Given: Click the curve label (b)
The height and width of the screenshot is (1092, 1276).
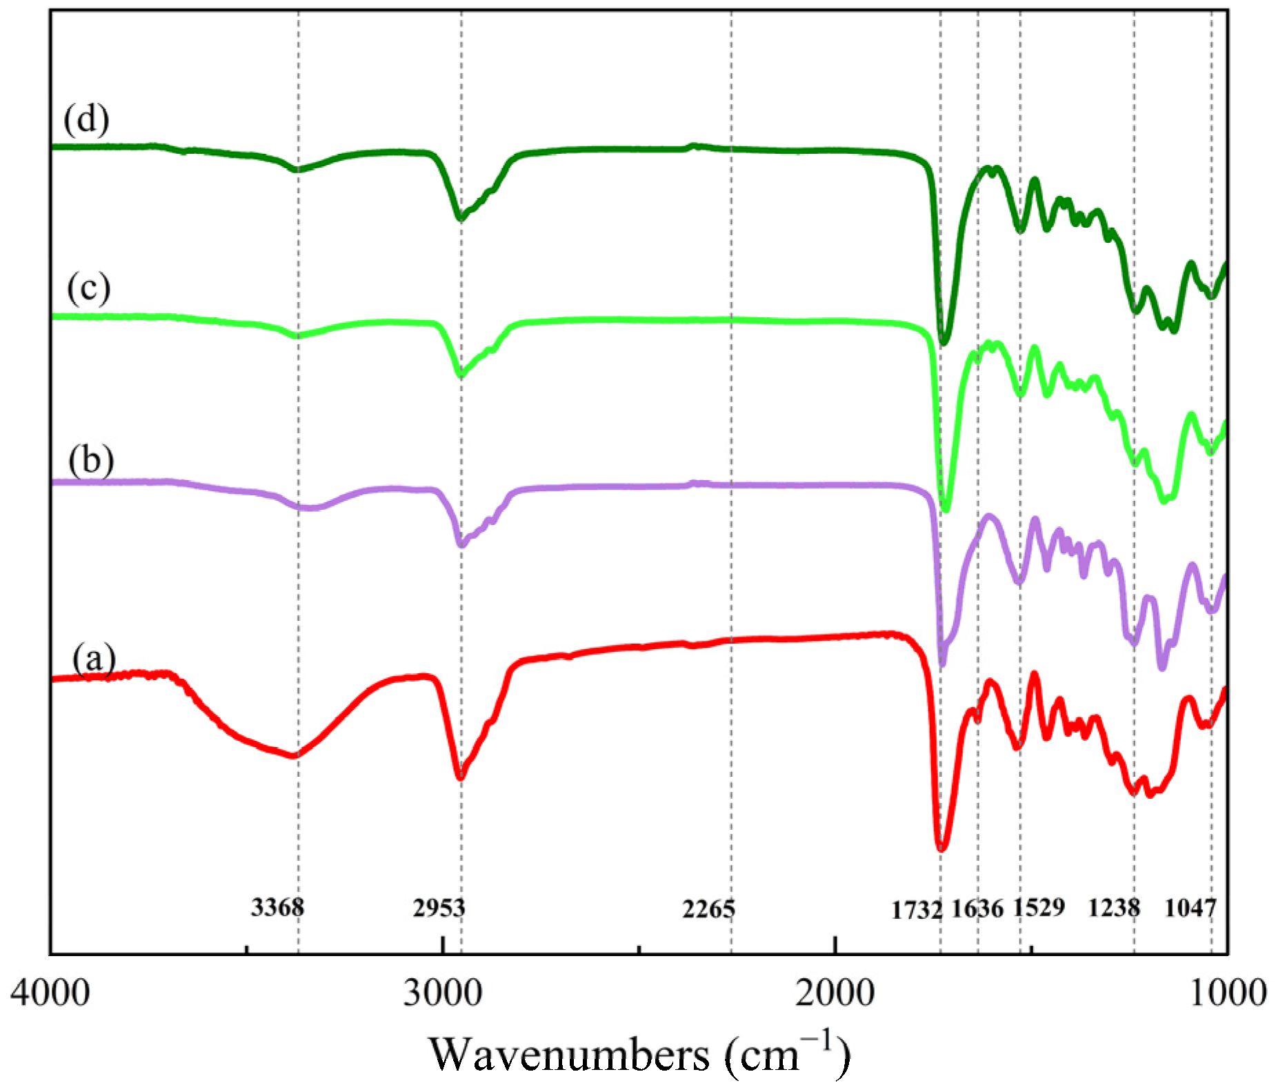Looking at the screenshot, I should [x=91, y=460].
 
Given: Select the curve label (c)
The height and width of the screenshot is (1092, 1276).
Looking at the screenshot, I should [x=89, y=288].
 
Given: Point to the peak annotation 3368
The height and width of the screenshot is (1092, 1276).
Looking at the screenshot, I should [x=277, y=907].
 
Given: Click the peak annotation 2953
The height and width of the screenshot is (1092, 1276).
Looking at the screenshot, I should [x=439, y=908].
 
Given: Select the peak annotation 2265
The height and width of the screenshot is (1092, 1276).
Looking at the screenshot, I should [x=709, y=909].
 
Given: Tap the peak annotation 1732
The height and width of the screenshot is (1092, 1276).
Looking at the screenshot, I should [x=917, y=911].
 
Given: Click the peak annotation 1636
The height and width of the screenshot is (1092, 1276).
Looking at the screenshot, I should [x=977, y=909].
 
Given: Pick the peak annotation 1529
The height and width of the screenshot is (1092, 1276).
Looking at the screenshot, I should [x=1039, y=907].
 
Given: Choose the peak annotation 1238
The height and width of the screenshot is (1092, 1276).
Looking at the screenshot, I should [x=1114, y=908].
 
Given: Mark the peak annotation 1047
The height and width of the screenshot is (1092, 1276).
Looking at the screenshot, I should [x=1190, y=908].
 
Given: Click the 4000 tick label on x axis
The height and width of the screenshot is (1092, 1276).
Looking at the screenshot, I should [x=50, y=994].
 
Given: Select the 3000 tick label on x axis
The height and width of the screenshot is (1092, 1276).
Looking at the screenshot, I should [x=442, y=994].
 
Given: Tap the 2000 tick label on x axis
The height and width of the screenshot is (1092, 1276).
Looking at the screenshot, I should [x=835, y=994].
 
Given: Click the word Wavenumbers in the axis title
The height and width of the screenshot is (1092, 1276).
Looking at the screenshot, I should [x=569, y=1055].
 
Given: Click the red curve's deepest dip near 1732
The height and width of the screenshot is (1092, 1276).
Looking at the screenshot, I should [x=941, y=846].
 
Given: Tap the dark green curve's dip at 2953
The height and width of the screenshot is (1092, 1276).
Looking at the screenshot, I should [x=460, y=217].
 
